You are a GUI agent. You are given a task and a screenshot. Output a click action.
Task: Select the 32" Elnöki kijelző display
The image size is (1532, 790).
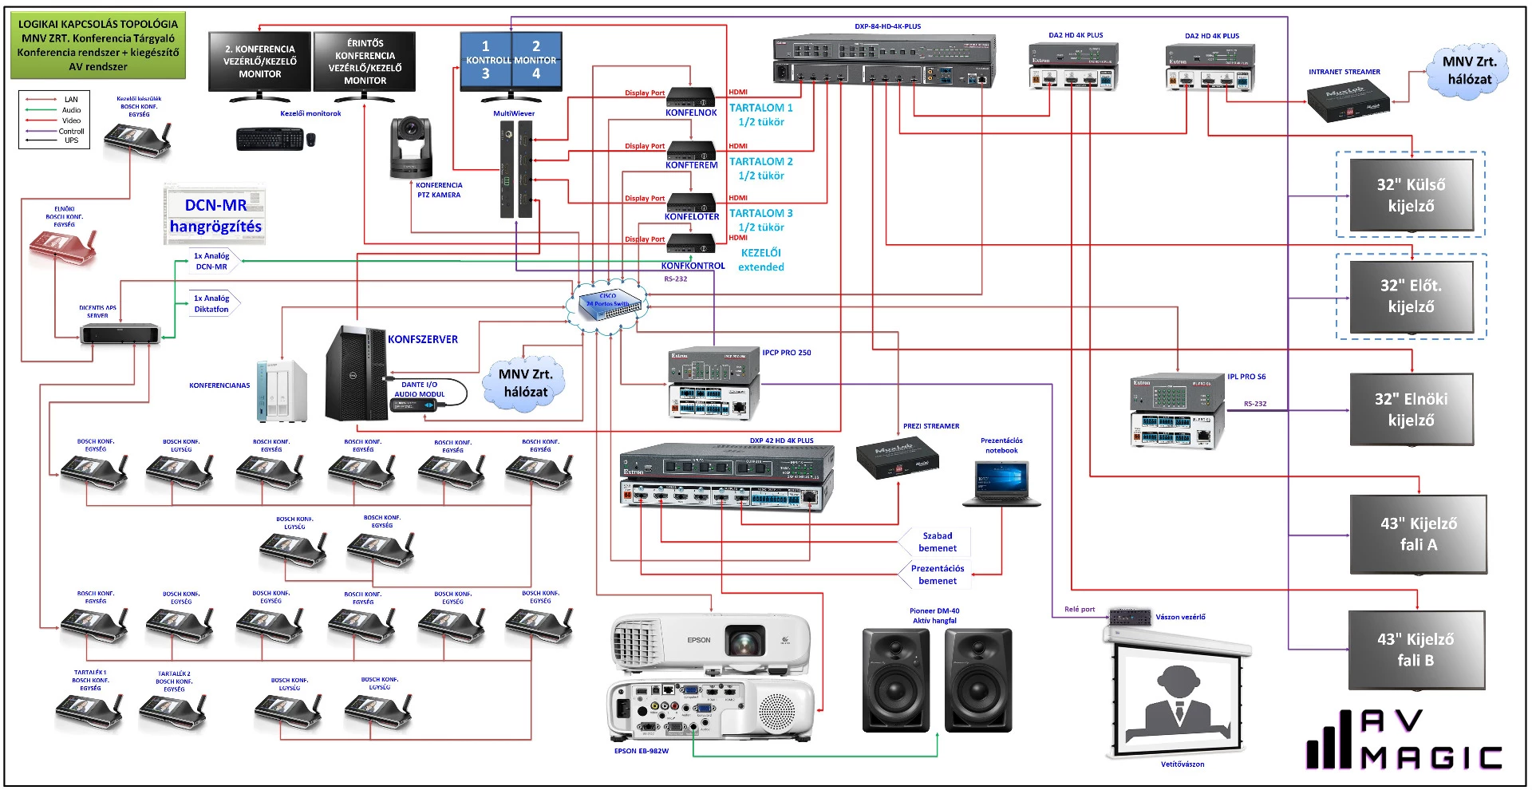click(1411, 409)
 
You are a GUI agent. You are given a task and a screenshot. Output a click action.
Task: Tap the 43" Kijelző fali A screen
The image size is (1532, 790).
click(1418, 534)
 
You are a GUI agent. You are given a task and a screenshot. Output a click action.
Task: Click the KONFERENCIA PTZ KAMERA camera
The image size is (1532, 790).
click(411, 148)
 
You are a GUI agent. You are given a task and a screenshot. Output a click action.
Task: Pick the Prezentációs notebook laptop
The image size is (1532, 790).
click(1001, 483)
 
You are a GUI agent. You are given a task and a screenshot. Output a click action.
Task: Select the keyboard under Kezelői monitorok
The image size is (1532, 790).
click(270, 139)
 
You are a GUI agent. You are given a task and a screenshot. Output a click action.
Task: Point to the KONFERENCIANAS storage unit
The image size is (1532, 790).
click(281, 390)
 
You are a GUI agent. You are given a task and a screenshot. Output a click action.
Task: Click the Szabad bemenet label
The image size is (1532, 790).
click(938, 542)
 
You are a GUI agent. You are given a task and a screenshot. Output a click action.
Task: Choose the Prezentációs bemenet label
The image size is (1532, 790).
click(938, 575)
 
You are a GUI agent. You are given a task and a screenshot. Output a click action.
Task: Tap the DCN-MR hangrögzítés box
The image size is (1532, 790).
click(215, 215)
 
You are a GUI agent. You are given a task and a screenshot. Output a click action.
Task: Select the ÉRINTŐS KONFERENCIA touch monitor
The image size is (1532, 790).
click(365, 62)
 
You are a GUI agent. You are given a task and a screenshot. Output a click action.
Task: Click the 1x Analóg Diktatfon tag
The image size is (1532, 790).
click(211, 304)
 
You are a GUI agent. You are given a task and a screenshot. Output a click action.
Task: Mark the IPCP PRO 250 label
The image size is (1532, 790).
click(786, 353)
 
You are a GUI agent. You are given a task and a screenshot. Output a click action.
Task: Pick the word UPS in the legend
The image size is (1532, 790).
click(72, 140)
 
